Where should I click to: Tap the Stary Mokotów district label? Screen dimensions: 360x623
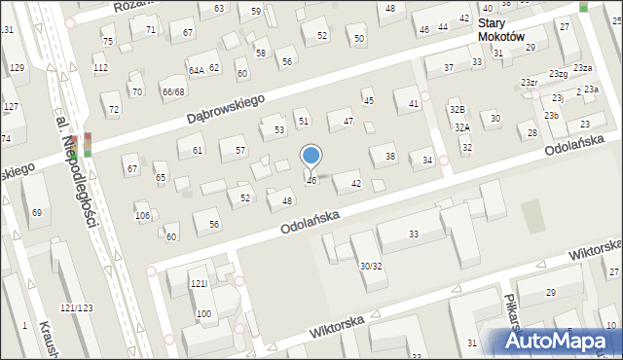(x=501, y=29)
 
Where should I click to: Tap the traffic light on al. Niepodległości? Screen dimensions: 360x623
(x=87, y=144)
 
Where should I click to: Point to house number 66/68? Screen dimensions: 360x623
(x=173, y=91)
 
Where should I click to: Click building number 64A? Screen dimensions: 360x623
(x=196, y=71)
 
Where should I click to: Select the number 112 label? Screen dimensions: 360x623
(x=100, y=68)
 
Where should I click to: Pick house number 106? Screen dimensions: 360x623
(x=142, y=215)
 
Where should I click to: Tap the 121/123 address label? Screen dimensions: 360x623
(x=76, y=307)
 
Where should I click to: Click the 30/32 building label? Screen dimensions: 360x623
(x=370, y=266)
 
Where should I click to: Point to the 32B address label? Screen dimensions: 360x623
(x=457, y=109)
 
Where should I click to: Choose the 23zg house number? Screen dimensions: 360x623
(x=557, y=74)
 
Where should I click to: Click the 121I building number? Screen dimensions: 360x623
(x=199, y=283)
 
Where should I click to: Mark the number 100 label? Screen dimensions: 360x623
(x=203, y=313)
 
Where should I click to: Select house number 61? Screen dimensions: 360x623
(x=198, y=150)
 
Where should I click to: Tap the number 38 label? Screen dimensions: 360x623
(x=390, y=157)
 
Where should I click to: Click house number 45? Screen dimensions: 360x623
(x=368, y=100)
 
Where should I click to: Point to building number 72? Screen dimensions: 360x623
(x=114, y=109)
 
